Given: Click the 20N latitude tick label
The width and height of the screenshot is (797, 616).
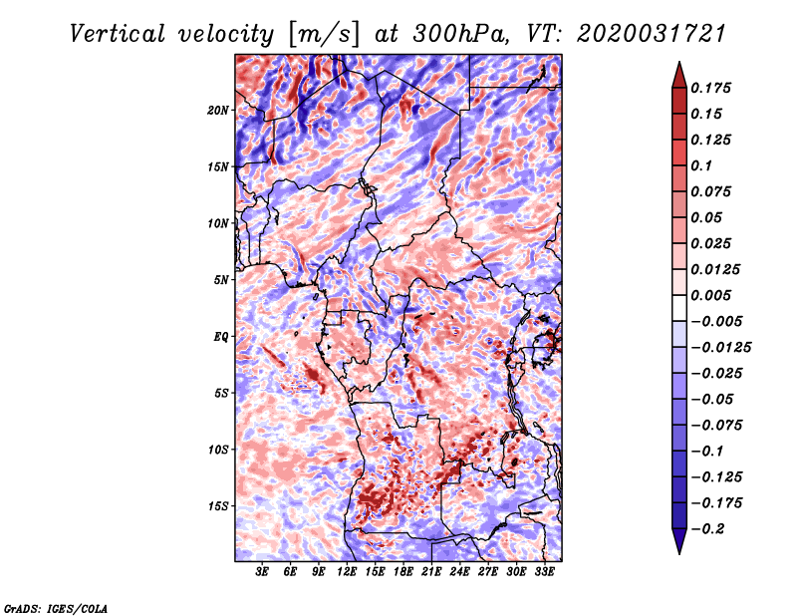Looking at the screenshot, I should coord(219,110).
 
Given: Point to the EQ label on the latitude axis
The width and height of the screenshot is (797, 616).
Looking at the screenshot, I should coord(221,336).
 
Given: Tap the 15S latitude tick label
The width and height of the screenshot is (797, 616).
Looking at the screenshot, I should coord(219,505).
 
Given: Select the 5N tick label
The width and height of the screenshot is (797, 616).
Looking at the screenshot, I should coord(222,279).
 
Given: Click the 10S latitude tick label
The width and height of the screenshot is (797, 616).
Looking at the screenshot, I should coord(219,449).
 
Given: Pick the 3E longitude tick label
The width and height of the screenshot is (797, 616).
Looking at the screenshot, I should coord(263,573).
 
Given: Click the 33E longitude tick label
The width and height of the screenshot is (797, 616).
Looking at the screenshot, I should coord(543,573).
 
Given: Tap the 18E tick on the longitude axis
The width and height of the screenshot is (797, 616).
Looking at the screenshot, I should coord(403,573).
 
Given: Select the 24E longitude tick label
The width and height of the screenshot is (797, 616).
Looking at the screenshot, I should coord(459,573).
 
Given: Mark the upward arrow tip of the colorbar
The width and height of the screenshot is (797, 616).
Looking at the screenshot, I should coord(678,64).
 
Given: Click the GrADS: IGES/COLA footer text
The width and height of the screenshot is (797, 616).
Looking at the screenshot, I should coord(55,607).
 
